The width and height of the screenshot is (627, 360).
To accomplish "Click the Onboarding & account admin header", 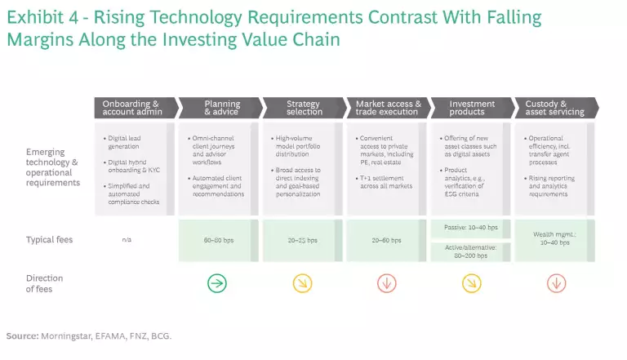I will pyautogui.click(x=133, y=108).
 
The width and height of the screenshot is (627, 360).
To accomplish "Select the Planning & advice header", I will pyautogui.click(x=220, y=108).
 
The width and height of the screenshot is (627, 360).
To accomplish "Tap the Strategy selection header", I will pyautogui.click(x=303, y=108).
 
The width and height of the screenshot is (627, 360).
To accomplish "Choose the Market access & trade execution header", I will pyautogui.click(x=388, y=108).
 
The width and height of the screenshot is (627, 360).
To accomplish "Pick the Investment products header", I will pyautogui.click(x=472, y=108).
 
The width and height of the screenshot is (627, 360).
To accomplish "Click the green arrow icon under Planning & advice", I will pyautogui.click(x=218, y=283).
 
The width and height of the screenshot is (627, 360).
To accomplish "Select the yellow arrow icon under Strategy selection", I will pyautogui.click(x=302, y=283).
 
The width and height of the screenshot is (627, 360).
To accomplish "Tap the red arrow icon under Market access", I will pyautogui.click(x=387, y=283).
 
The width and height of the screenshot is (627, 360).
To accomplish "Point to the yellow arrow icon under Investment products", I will pyautogui.click(x=471, y=283).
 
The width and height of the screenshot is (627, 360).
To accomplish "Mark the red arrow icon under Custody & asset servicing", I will pyautogui.click(x=556, y=283).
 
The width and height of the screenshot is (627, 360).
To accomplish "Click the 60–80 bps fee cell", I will pyautogui.click(x=218, y=241).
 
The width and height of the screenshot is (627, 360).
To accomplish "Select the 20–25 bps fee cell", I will pyautogui.click(x=302, y=241).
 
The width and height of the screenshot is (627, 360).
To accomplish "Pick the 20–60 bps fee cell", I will pyautogui.click(x=387, y=241).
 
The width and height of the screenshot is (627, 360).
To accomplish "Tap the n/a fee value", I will pyautogui.click(x=133, y=241).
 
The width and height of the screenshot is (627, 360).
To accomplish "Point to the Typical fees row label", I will pyautogui.click(x=49, y=240).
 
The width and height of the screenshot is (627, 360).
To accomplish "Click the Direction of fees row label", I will pyautogui.click(x=44, y=283).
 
